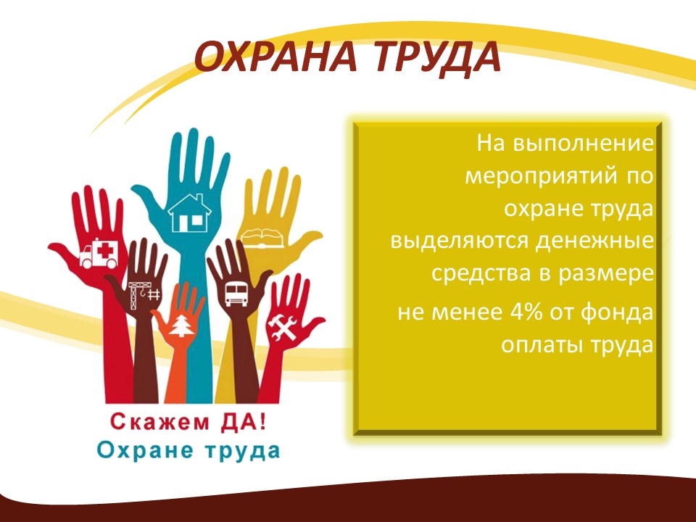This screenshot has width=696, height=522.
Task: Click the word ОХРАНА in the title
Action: click(x=276, y=57)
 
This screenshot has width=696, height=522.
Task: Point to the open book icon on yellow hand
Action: click(x=262, y=238)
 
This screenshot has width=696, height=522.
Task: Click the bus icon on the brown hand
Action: click(x=236, y=294)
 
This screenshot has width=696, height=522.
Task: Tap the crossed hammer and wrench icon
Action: click(x=282, y=328)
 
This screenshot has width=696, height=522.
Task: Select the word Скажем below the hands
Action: click(x=159, y=422)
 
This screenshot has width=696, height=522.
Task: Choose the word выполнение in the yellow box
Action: click(x=583, y=144)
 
